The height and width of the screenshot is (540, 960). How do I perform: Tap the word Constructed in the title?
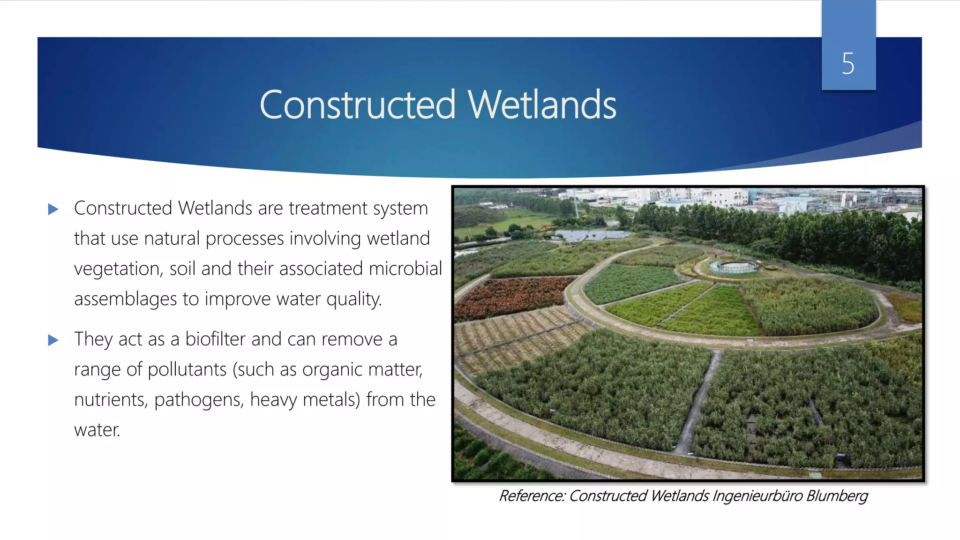[357, 105]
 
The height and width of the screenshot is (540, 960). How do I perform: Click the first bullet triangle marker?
[53, 209]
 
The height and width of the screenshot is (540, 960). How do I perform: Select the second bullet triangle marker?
[53, 340]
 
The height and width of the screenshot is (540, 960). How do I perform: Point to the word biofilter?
[215, 339]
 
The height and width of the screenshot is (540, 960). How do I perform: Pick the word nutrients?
[111, 400]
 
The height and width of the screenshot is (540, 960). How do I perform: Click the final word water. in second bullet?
[97, 430]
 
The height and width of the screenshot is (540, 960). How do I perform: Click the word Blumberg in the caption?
[837, 495]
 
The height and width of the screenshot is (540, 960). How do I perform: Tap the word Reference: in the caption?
[532, 495]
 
